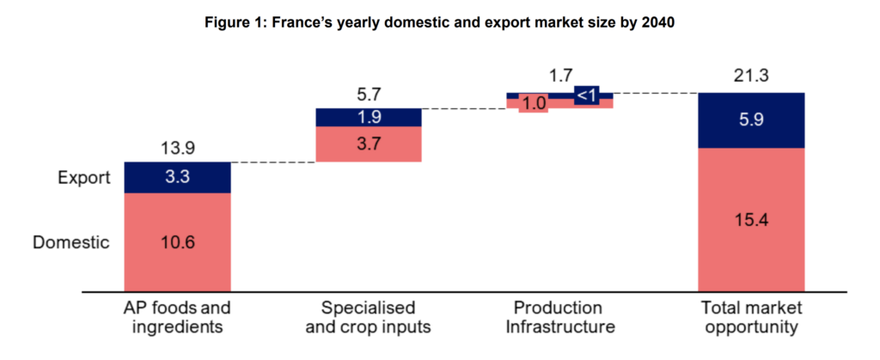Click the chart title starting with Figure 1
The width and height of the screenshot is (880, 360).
[440, 23]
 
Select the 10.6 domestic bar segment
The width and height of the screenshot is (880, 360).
[178, 242]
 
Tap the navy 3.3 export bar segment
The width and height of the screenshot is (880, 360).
[178, 178]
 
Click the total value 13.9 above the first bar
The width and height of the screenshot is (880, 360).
[178, 149]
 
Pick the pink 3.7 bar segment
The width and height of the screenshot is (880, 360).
[369, 143]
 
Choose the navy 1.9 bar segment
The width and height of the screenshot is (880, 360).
[369, 117]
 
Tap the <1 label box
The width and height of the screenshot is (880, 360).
[588, 95]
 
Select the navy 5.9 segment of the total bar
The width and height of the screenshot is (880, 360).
[750, 120]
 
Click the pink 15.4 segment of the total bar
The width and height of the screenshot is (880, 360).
[750, 220]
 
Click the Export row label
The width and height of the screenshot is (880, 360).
[85, 178]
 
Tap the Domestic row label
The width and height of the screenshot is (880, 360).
[71, 242]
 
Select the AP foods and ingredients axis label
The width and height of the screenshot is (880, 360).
[178, 317]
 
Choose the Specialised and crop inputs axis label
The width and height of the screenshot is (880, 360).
[369, 317]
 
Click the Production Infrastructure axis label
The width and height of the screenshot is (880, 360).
[559, 317]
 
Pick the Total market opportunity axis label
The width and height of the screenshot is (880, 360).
[750, 317]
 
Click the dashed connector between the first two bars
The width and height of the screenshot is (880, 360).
[273, 162]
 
